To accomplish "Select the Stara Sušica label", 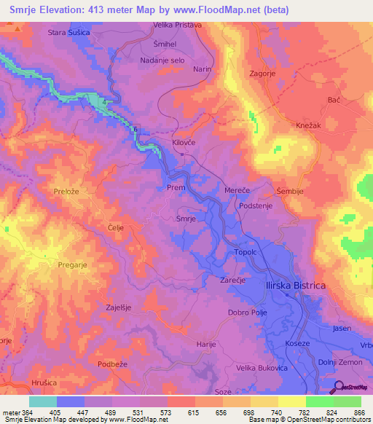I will pyautogui.click(x=68, y=33).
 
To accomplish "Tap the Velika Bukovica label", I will pyautogui.click(x=263, y=369).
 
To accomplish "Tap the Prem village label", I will pyautogui.click(x=176, y=187).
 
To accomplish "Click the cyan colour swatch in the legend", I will pyautogui.click(x=43, y=401).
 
